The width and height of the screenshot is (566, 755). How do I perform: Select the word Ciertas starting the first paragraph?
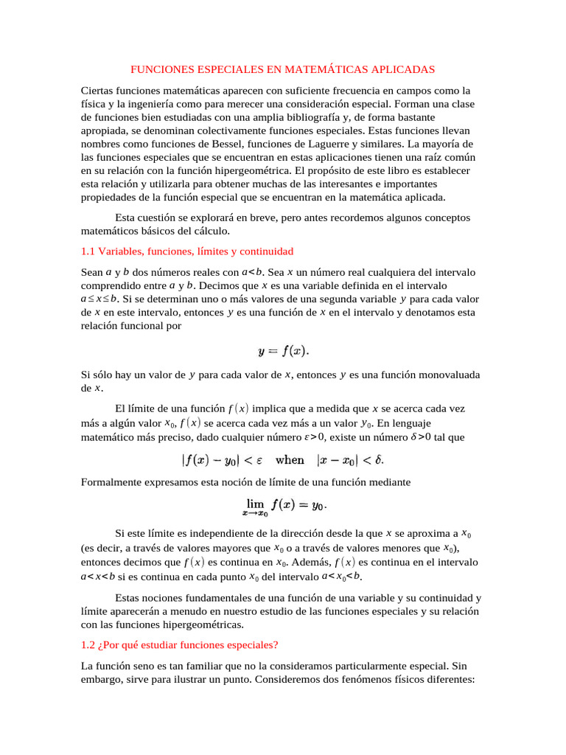tap(98, 91)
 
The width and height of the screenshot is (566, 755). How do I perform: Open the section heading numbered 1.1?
tap(187, 251)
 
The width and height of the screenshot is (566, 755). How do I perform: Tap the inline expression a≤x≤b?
tap(99, 299)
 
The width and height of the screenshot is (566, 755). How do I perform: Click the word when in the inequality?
tap(290, 460)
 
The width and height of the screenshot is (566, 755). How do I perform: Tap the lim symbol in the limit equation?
tap(256, 504)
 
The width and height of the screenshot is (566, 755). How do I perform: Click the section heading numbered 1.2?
tap(179, 644)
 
